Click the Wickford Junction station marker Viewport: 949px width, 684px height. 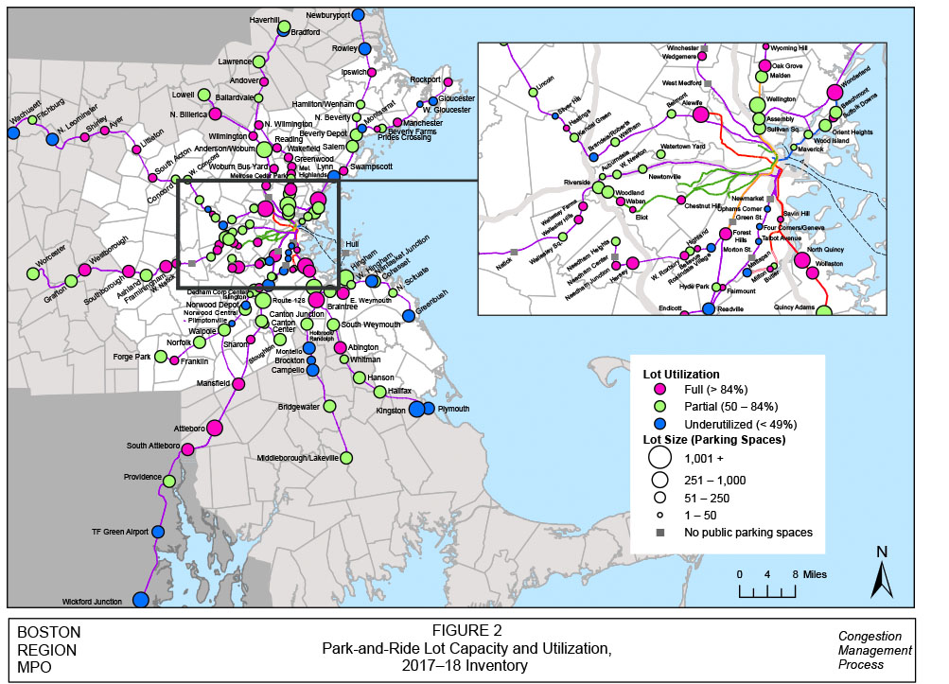point(141,600)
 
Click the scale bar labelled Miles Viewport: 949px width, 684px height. point(767,590)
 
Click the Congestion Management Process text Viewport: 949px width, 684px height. point(874,650)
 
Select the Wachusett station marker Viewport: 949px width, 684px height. point(13,132)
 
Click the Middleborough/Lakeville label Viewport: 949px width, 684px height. point(297,458)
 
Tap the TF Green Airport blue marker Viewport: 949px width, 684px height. point(158,533)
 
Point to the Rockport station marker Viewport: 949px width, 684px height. point(448,82)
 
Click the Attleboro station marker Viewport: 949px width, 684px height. point(215,428)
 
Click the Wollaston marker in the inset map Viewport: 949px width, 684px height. point(802,261)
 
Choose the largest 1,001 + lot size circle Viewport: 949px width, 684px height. point(659,457)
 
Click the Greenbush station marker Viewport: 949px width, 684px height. point(409,315)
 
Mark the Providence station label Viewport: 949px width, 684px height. point(144,477)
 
